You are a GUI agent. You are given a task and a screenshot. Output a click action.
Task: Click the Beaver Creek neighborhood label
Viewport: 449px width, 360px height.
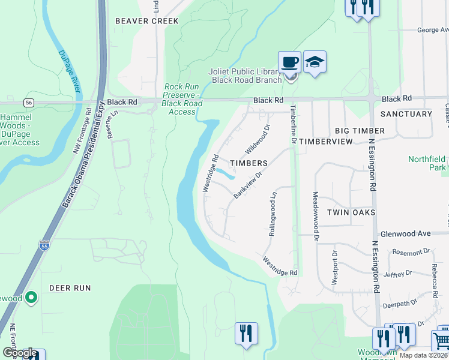(x=147, y=21)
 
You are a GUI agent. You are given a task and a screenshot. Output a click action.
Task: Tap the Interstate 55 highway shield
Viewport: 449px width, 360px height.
(x=44, y=245)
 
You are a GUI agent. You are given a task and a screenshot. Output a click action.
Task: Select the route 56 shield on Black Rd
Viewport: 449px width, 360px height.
(x=29, y=103)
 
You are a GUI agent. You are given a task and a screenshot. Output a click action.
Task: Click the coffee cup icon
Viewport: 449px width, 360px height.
(x=289, y=62)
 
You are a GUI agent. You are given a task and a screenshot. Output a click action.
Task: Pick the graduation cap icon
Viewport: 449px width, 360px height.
(x=315, y=62)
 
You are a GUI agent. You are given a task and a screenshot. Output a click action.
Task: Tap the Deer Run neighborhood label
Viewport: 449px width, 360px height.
(x=70, y=288)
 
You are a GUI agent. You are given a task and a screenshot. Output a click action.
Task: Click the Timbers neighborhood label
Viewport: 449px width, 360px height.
(x=249, y=163)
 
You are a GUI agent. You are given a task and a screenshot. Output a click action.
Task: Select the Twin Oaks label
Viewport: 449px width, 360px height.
(x=351, y=212)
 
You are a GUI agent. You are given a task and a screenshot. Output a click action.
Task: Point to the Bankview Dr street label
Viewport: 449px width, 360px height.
(x=248, y=185)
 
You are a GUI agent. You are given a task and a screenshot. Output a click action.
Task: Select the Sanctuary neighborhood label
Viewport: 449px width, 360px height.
(x=406, y=114)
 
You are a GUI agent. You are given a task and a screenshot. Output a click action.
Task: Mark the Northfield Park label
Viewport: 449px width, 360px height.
(x=427, y=163)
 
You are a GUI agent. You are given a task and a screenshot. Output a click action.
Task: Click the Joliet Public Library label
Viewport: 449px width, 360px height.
(x=245, y=76)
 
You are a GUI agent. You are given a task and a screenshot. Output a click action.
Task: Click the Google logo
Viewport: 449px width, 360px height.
(x=19, y=353)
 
